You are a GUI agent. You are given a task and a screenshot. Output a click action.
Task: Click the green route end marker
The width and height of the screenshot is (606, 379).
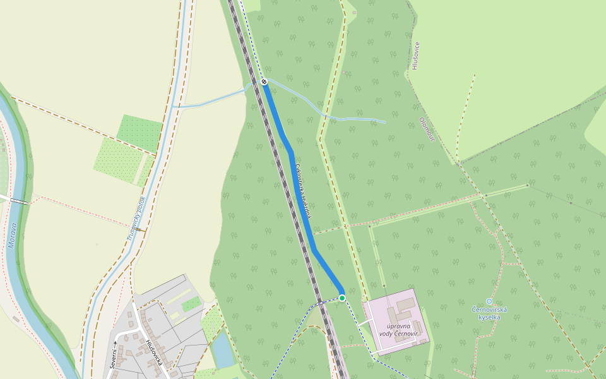342,298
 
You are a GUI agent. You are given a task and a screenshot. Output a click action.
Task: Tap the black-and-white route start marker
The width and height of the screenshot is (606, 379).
264,81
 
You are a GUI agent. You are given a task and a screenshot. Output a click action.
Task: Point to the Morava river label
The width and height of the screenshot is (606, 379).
13,234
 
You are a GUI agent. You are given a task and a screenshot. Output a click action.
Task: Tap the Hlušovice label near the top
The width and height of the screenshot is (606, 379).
415,55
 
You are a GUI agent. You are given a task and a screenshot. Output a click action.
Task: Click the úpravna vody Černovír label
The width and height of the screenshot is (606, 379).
399,329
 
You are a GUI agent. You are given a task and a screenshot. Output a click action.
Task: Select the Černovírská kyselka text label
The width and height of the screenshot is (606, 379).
489,313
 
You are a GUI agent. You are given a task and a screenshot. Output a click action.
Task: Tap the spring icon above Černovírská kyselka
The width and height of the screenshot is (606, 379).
489,301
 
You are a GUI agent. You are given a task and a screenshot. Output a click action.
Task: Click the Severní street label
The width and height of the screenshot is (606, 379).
113,355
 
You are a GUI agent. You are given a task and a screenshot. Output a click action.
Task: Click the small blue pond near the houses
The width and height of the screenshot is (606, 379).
222,349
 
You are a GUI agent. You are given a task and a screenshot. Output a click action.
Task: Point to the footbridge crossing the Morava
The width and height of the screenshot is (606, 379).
19,202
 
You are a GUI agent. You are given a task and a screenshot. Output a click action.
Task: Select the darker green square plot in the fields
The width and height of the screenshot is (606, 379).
140,132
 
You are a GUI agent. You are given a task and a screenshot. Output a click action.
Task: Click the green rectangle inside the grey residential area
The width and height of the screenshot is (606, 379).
191,304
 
